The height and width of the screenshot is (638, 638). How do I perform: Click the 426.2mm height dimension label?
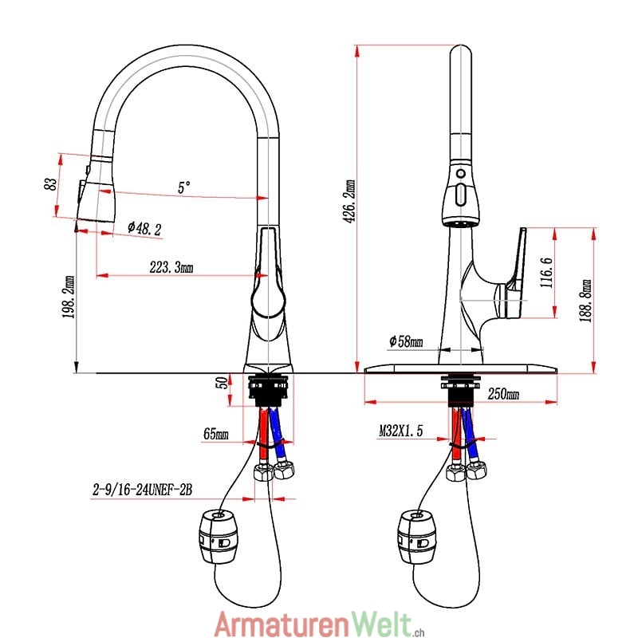[x=349, y=201]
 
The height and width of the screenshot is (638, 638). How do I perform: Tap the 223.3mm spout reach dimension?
[x=171, y=267]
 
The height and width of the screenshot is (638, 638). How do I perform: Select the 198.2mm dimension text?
[x=69, y=297]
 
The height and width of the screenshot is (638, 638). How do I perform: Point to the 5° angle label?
[x=184, y=187]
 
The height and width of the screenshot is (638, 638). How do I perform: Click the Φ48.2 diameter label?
[x=144, y=228]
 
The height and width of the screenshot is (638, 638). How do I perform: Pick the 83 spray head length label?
[x=50, y=184]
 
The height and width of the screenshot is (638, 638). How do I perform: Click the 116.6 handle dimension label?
[x=546, y=273]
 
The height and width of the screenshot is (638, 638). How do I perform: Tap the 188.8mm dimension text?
[x=585, y=301]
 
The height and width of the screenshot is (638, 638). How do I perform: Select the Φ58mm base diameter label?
[x=406, y=341]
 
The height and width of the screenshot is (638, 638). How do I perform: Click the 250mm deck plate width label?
[x=503, y=393]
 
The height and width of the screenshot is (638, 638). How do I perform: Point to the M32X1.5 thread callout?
[x=401, y=430]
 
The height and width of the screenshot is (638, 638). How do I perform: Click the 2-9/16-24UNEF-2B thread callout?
[x=142, y=490]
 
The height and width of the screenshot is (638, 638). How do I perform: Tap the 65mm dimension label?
[x=215, y=434]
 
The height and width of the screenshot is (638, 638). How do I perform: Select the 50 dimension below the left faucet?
[x=223, y=383]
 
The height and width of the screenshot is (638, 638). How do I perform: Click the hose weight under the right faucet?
[x=415, y=537]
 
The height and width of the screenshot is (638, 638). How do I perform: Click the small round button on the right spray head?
[x=461, y=173]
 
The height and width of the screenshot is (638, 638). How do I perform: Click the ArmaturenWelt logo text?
[x=319, y=623]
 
